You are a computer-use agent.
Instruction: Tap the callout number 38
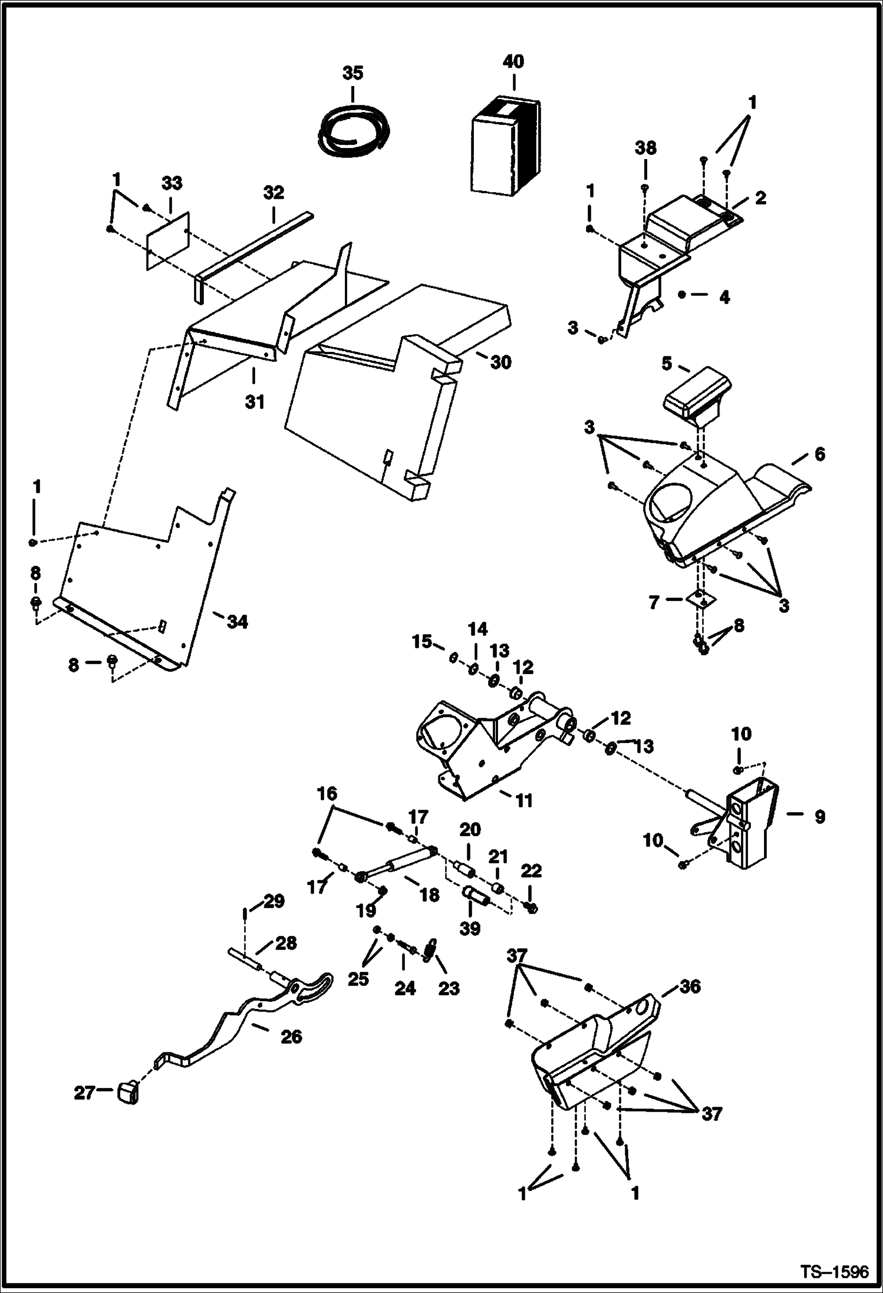coord(645,148)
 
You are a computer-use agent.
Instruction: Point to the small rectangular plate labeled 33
coord(167,240)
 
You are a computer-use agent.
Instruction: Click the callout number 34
coord(238,622)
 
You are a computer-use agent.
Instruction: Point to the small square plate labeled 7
coord(698,599)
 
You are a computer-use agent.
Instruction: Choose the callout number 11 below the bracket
coord(523,800)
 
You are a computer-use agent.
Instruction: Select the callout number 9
coord(820,817)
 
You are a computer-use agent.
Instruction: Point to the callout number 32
coord(274,193)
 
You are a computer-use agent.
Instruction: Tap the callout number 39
coord(470,929)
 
